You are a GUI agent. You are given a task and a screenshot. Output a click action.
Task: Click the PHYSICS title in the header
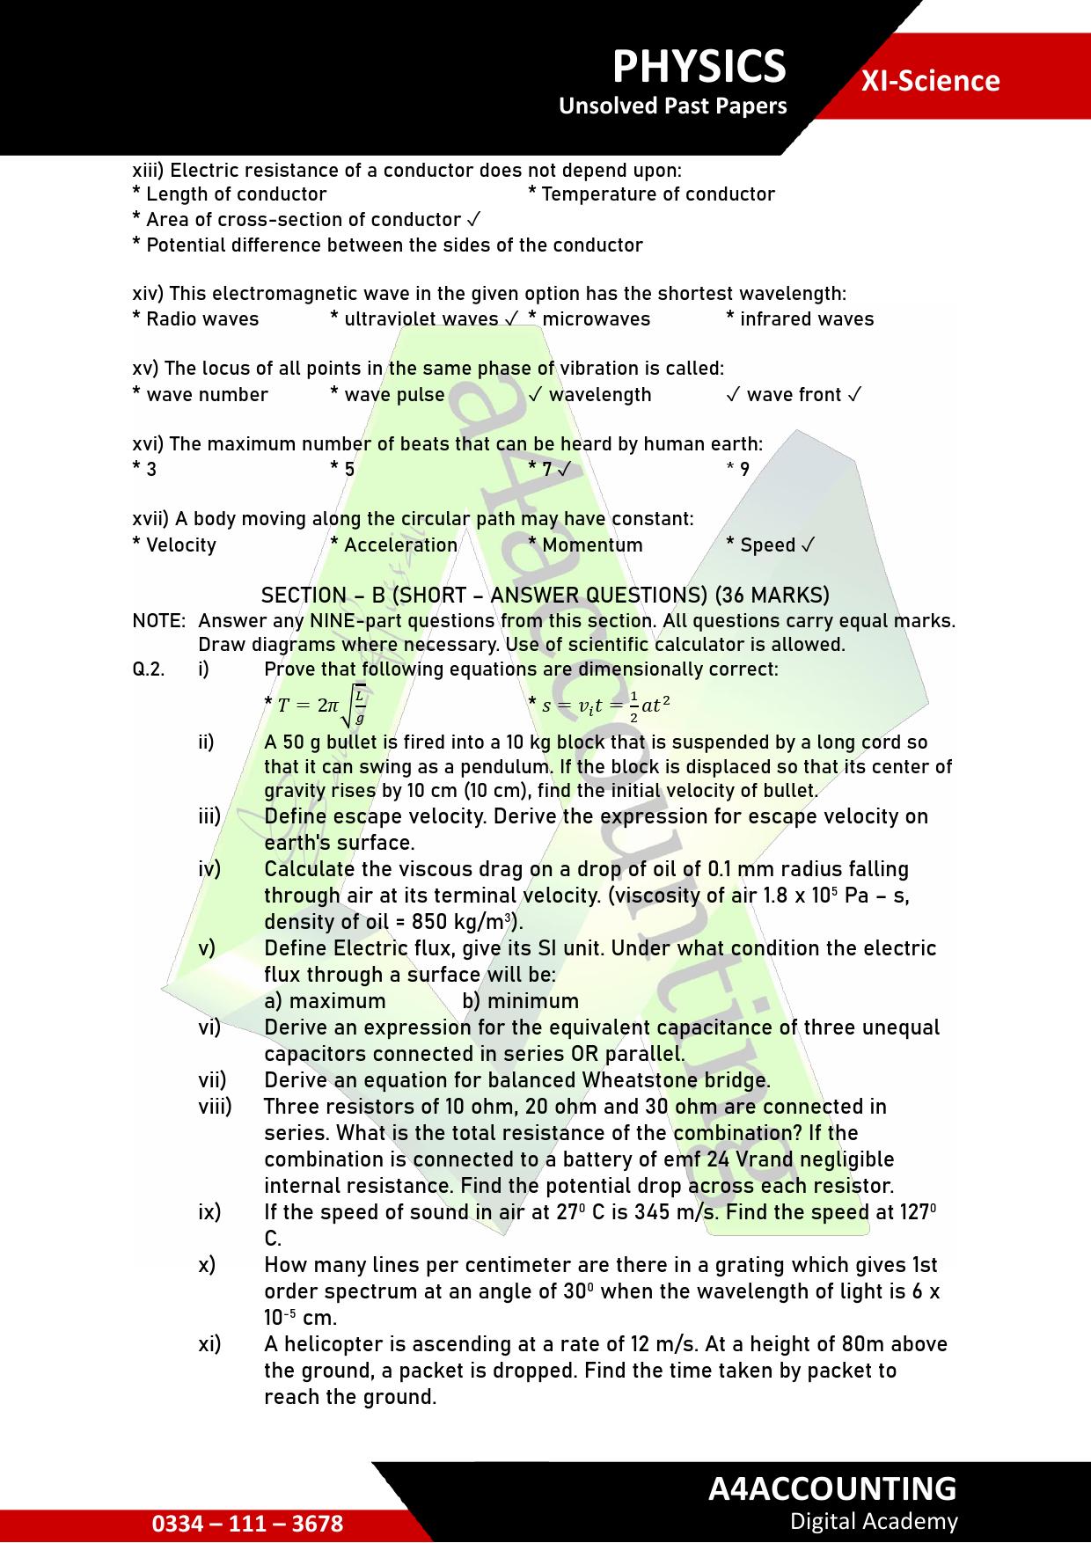click(699, 67)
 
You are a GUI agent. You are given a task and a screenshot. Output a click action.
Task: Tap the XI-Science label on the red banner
click(930, 81)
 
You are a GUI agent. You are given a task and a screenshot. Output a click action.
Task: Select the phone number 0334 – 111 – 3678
click(247, 1524)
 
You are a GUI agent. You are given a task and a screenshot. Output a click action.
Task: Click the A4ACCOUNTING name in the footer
click(831, 1488)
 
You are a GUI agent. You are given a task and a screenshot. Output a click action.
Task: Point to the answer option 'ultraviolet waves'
click(421, 319)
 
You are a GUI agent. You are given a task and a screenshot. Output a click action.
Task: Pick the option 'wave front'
click(794, 395)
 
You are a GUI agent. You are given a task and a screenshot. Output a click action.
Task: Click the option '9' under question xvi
click(743, 470)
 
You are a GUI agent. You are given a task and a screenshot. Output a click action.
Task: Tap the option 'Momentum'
click(591, 545)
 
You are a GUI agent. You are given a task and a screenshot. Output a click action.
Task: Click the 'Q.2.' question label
click(149, 669)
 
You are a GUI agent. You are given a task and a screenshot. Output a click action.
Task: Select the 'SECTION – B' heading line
click(545, 596)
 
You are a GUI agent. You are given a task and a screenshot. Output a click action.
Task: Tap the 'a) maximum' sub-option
click(325, 1001)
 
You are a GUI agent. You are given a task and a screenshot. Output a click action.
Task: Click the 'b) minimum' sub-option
click(520, 1001)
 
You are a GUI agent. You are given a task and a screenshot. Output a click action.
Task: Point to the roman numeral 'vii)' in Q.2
click(212, 1080)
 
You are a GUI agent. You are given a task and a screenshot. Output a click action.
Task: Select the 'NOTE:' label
click(159, 621)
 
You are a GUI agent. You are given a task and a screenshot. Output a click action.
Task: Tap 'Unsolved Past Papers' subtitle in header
click(672, 106)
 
